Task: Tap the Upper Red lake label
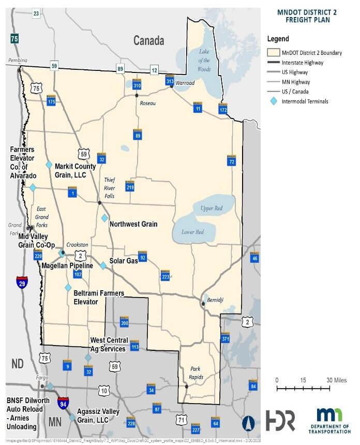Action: click(212, 207)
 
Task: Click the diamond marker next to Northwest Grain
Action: click(104, 218)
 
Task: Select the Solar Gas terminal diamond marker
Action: click(103, 265)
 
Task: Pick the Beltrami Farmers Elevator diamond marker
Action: click(68, 287)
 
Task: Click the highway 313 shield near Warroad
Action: click(170, 80)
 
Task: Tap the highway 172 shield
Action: click(223, 109)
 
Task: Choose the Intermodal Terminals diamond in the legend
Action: click(273, 101)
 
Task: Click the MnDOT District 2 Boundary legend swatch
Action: click(273, 53)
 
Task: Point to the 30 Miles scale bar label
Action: click(336, 380)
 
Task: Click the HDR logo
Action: click(280, 420)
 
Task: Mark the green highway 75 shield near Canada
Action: click(14, 38)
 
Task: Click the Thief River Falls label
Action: click(110, 188)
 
